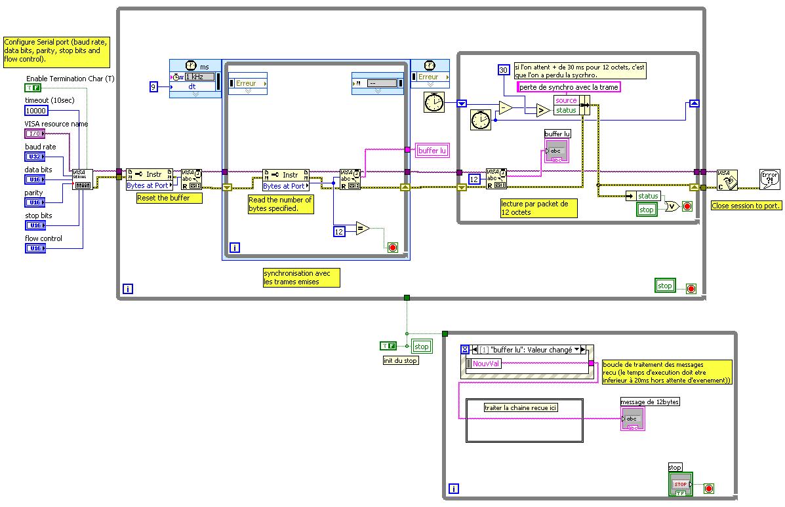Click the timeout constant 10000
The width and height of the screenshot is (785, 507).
[x=36, y=111]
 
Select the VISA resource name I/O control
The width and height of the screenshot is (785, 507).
[x=35, y=134]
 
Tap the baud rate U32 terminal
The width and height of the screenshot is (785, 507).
[x=35, y=157]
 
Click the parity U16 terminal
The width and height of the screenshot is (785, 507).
[x=35, y=202]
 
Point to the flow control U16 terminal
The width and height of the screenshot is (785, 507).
[x=35, y=248]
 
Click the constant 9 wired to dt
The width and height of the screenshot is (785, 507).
[x=153, y=86]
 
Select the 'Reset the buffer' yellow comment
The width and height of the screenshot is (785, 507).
[x=163, y=198]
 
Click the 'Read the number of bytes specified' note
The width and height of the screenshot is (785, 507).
[x=280, y=204]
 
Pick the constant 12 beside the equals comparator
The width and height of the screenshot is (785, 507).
[x=338, y=231]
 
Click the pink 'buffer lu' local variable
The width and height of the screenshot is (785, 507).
[x=432, y=151]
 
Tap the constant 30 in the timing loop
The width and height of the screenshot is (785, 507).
[x=504, y=70]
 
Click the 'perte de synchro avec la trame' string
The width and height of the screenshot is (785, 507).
[x=569, y=87]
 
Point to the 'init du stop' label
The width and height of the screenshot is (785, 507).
[x=400, y=360]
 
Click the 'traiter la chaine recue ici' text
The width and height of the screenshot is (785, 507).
[x=521, y=407]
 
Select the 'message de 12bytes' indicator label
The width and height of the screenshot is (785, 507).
[x=650, y=402]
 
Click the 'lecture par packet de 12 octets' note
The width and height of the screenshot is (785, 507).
[x=538, y=208]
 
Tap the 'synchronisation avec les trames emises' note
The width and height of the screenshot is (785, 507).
[x=301, y=278]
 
